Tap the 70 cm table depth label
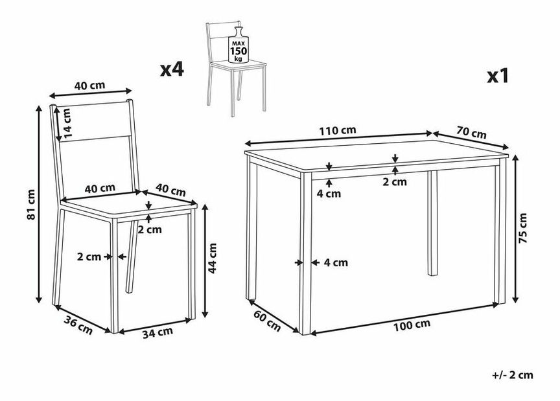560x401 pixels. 471,133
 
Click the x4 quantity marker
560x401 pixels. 172,69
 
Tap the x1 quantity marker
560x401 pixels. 498,76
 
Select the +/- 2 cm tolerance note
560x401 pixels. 512,374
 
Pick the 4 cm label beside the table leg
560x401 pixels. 336,262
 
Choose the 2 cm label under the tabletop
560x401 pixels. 395,182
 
